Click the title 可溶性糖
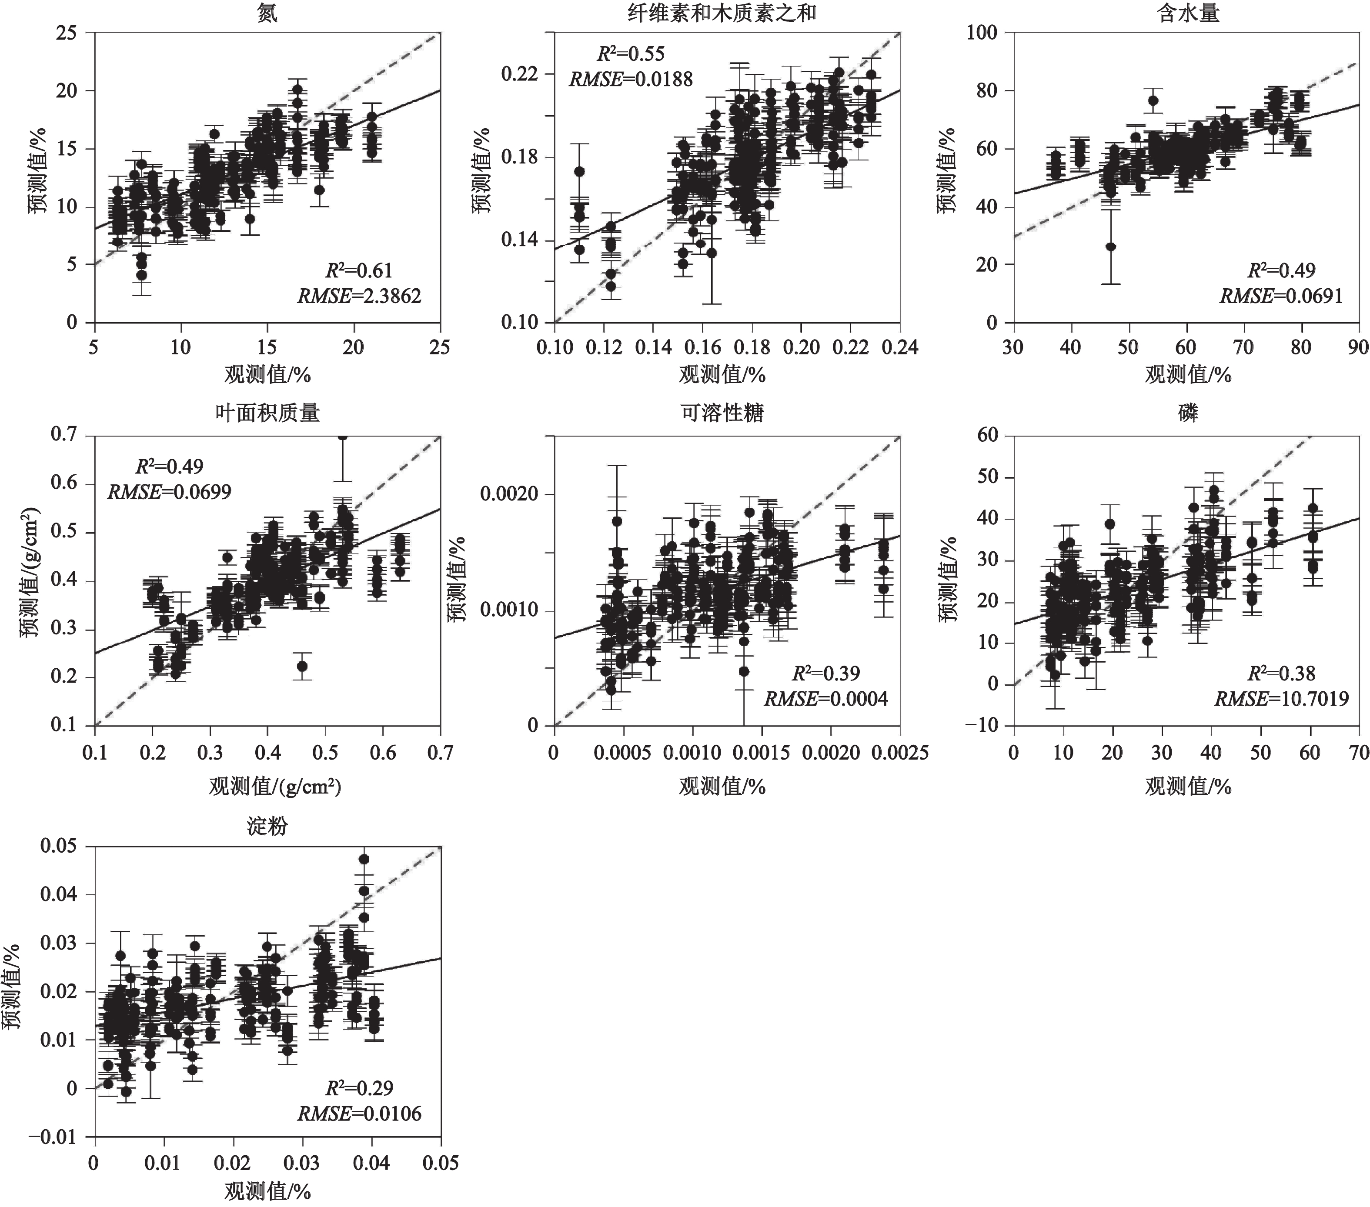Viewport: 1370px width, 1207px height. point(722,413)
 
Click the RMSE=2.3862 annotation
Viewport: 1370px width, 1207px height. point(360,296)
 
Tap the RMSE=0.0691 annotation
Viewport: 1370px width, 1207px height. point(1281,296)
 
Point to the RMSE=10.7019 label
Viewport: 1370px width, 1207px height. point(1281,700)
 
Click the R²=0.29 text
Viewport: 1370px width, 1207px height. point(360,1088)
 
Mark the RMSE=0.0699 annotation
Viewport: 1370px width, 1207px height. point(170,493)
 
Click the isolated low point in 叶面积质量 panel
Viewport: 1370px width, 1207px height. point(302,666)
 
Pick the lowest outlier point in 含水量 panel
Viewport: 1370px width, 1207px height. point(1111,247)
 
